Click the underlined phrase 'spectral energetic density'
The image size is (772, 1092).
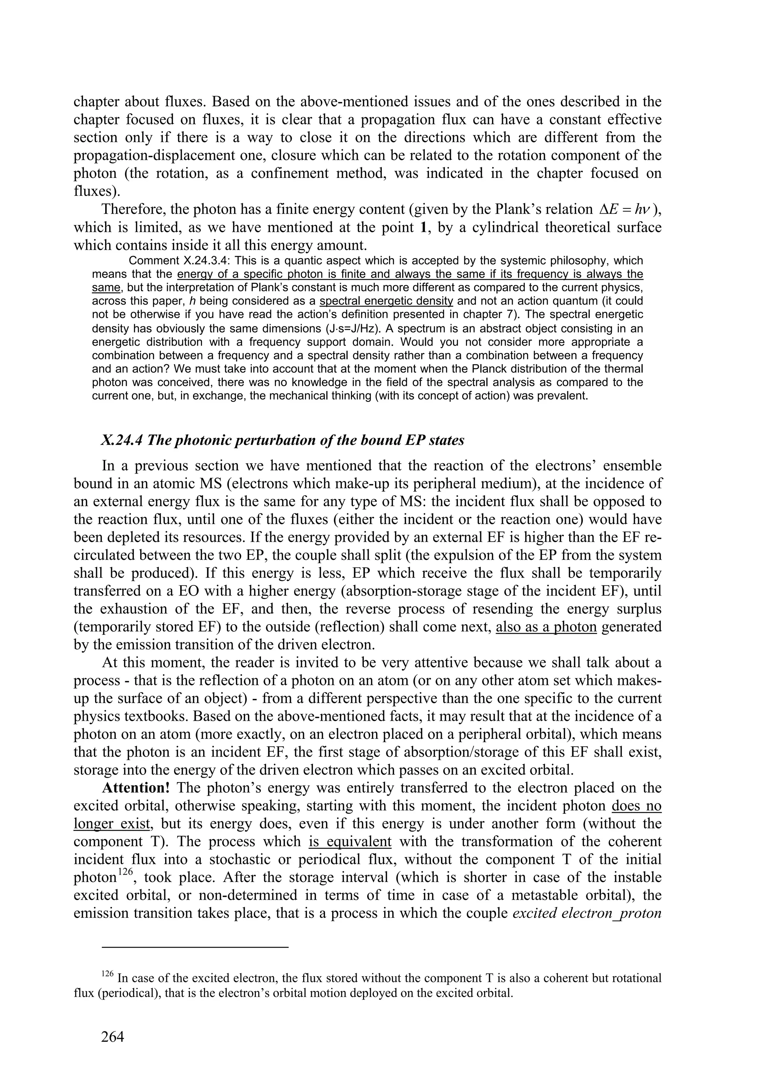pos(386,301)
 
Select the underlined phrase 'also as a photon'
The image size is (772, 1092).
pos(546,627)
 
